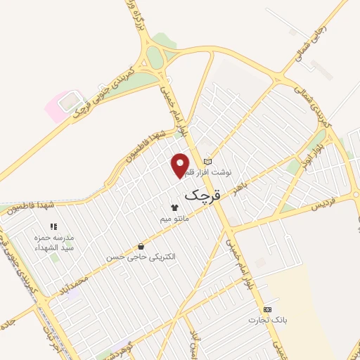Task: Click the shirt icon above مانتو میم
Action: (174, 207)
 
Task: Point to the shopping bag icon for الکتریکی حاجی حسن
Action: (141, 247)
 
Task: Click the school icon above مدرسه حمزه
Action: (53, 227)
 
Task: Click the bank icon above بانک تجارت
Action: (266, 309)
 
